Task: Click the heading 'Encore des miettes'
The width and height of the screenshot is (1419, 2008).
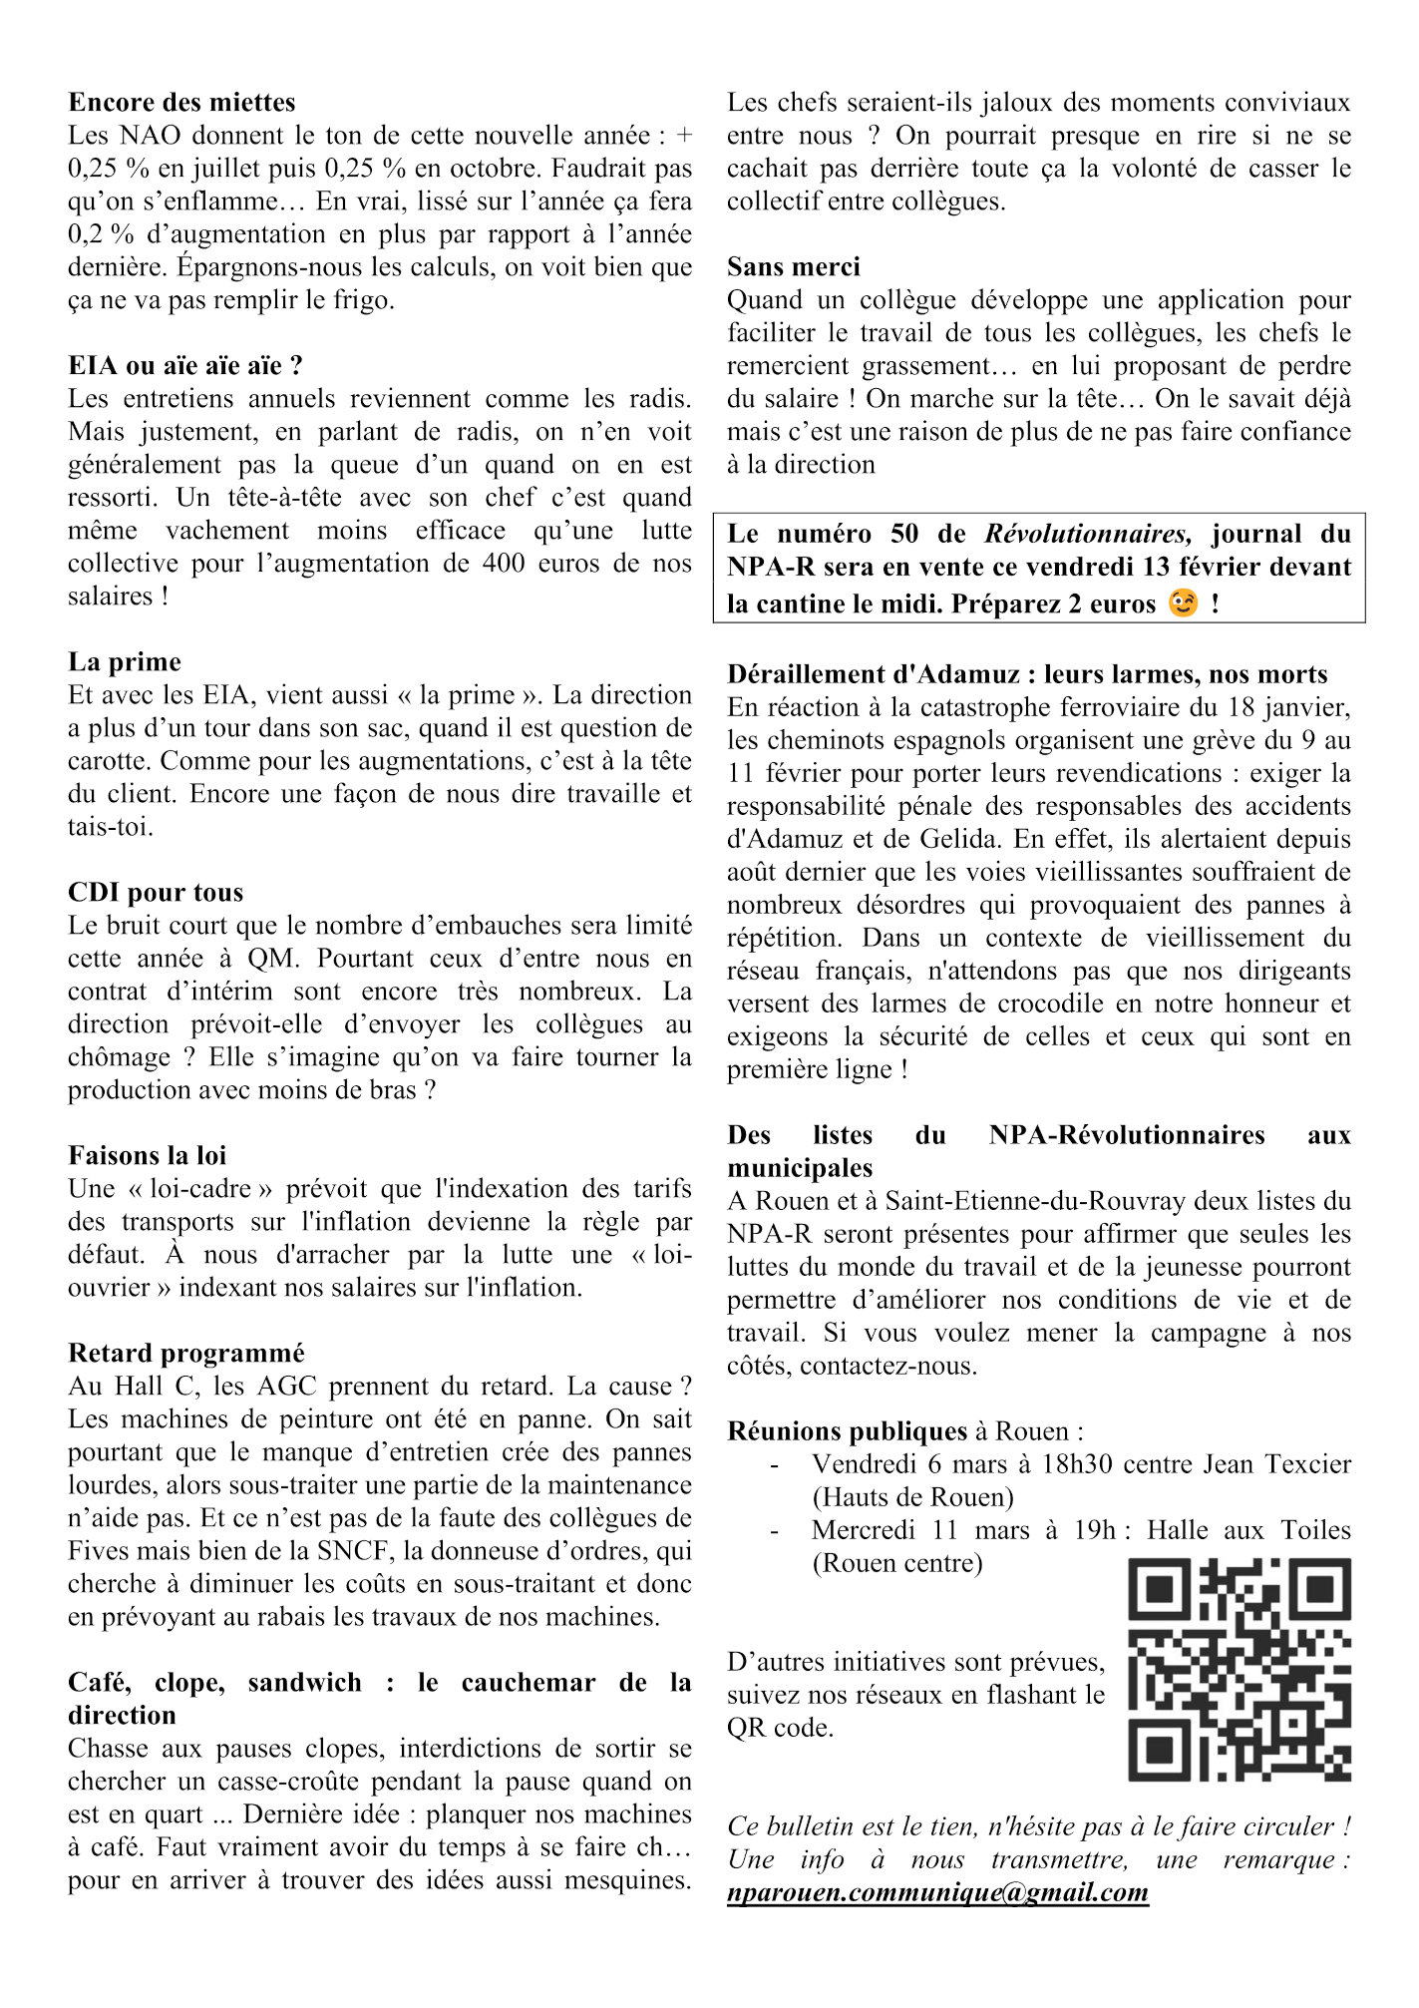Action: [181, 103]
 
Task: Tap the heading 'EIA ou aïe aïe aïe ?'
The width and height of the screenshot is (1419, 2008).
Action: [185, 366]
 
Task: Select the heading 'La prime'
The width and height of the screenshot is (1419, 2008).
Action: [125, 662]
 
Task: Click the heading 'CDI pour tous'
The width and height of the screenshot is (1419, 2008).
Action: [156, 893]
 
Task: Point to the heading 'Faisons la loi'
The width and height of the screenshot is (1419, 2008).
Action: [148, 1156]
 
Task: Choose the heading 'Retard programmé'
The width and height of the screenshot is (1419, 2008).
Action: [186, 1354]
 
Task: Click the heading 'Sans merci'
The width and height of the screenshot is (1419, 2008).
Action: [793, 267]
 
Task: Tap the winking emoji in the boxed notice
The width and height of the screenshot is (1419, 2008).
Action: [1183, 603]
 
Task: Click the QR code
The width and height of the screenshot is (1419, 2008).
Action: [1240, 1671]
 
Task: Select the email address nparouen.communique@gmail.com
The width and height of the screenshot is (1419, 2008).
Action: [937, 1893]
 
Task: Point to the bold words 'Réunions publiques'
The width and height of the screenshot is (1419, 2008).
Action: [847, 1432]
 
